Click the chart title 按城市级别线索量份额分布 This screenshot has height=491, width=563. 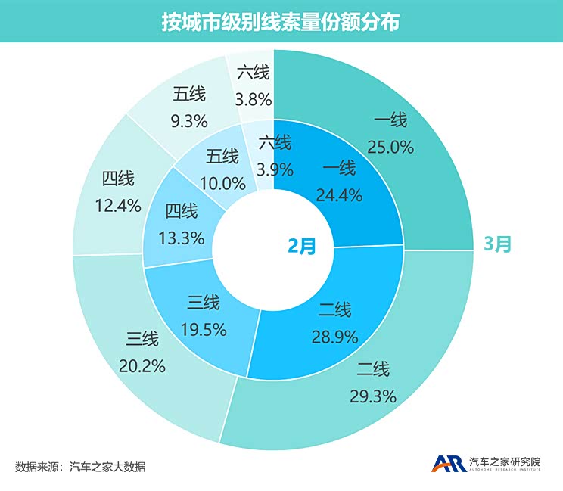281,22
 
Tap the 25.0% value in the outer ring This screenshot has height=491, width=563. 390,148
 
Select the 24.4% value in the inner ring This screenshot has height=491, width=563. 338,194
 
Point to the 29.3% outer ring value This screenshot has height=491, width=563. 372,396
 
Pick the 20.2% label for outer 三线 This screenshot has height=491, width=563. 142,366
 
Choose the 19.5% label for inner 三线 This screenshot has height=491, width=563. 204,331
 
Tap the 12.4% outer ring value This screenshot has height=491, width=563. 119,206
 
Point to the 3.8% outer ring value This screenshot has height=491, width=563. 253,99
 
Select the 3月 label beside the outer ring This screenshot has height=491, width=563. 499,244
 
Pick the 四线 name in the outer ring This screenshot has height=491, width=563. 118,179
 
